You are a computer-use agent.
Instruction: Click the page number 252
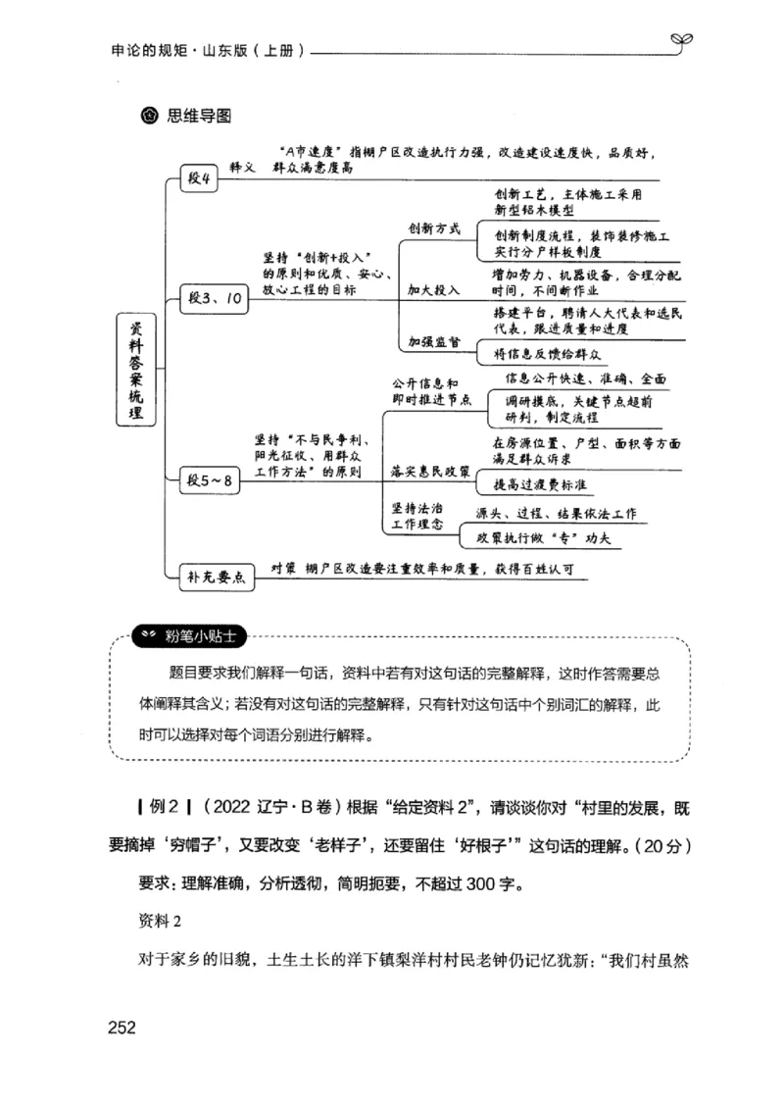pyautogui.click(x=116, y=1028)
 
